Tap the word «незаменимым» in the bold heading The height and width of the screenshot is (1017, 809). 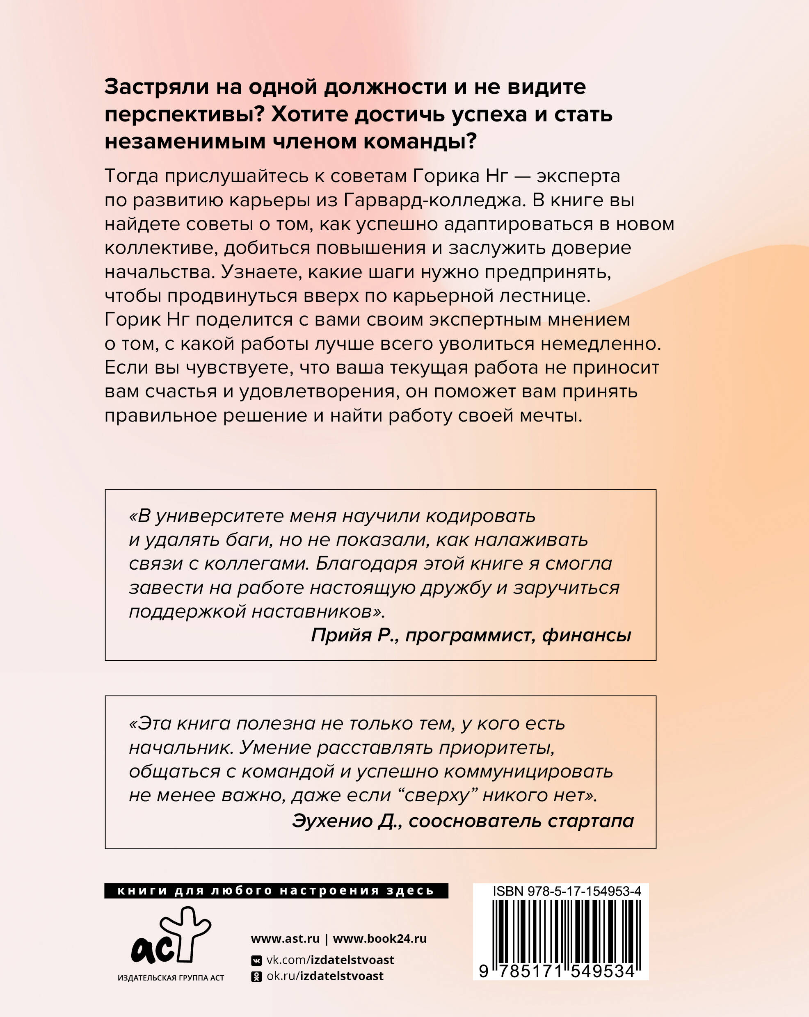tap(185, 141)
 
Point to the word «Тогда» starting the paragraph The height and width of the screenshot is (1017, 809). tap(131, 176)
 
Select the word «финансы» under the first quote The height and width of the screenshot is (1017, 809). tap(586, 635)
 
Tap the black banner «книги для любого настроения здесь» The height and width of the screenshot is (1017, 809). tap(276, 891)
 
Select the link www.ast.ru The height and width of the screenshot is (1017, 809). tap(285, 939)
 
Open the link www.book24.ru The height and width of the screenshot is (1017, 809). tap(379, 939)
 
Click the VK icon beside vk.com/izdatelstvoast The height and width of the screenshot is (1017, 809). tap(256, 960)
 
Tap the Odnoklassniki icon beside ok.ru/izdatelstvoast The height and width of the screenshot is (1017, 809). tap(256, 976)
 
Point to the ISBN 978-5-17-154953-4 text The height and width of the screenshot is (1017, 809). tap(567, 891)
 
